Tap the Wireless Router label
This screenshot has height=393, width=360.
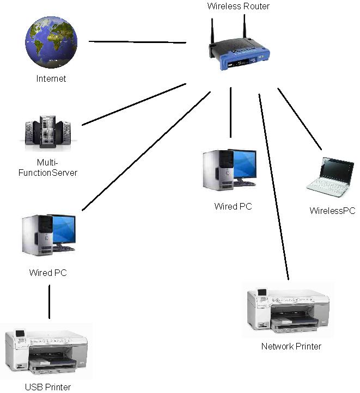click(239, 7)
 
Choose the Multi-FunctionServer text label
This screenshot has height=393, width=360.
click(57, 168)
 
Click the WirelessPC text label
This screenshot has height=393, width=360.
click(332, 211)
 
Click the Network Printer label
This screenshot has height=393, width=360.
click(291, 346)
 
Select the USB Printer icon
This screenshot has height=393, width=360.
click(46, 351)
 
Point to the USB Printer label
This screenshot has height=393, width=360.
click(48, 387)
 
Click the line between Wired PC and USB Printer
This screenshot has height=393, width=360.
click(49, 300)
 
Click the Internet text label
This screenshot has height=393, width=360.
click(51, 78)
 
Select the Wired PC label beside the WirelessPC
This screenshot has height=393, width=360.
click(233, 206)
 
